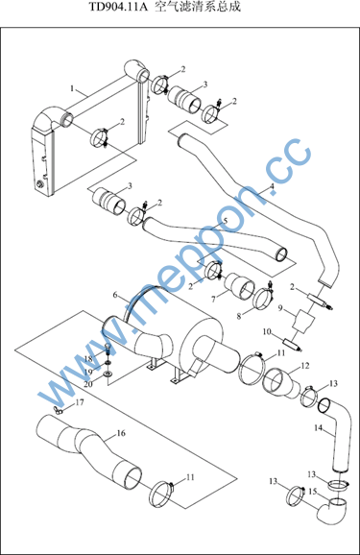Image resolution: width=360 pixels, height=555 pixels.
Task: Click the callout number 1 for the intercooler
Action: coord(72,88)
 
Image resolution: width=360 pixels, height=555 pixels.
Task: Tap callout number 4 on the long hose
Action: coord(272,186)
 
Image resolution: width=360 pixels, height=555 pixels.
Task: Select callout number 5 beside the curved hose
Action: coord(226,221)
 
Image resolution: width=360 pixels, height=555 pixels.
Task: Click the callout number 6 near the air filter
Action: coord(115,295)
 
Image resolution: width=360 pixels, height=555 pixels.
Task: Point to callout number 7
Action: coord(213,300)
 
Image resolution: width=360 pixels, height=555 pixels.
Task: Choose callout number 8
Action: coord(239,316)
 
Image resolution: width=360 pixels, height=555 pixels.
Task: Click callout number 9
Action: coord(280,308)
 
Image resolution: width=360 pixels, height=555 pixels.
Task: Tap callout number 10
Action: coord(267,331)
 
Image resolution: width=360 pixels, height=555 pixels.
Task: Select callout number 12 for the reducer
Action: coord(305,366)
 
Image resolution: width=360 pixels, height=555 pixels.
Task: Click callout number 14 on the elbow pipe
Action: coord(318,428)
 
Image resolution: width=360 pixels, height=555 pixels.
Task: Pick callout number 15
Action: coord(313,492)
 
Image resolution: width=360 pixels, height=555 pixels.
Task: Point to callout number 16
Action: coord(121,433)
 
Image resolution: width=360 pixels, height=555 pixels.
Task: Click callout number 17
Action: coord(80,402)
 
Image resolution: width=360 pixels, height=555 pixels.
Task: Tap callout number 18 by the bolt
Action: coord(88,359)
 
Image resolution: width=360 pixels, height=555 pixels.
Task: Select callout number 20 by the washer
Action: coord(88,384)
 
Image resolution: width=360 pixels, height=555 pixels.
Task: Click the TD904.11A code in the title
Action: coord(117,7)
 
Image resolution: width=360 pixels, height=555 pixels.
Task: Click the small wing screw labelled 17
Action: coord(58,411)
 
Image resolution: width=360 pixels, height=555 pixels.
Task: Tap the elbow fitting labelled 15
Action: coord(331,510)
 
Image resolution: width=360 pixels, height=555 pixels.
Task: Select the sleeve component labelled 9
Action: coord(304,321)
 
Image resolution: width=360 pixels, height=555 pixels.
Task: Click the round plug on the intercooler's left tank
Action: coord(39,184)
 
